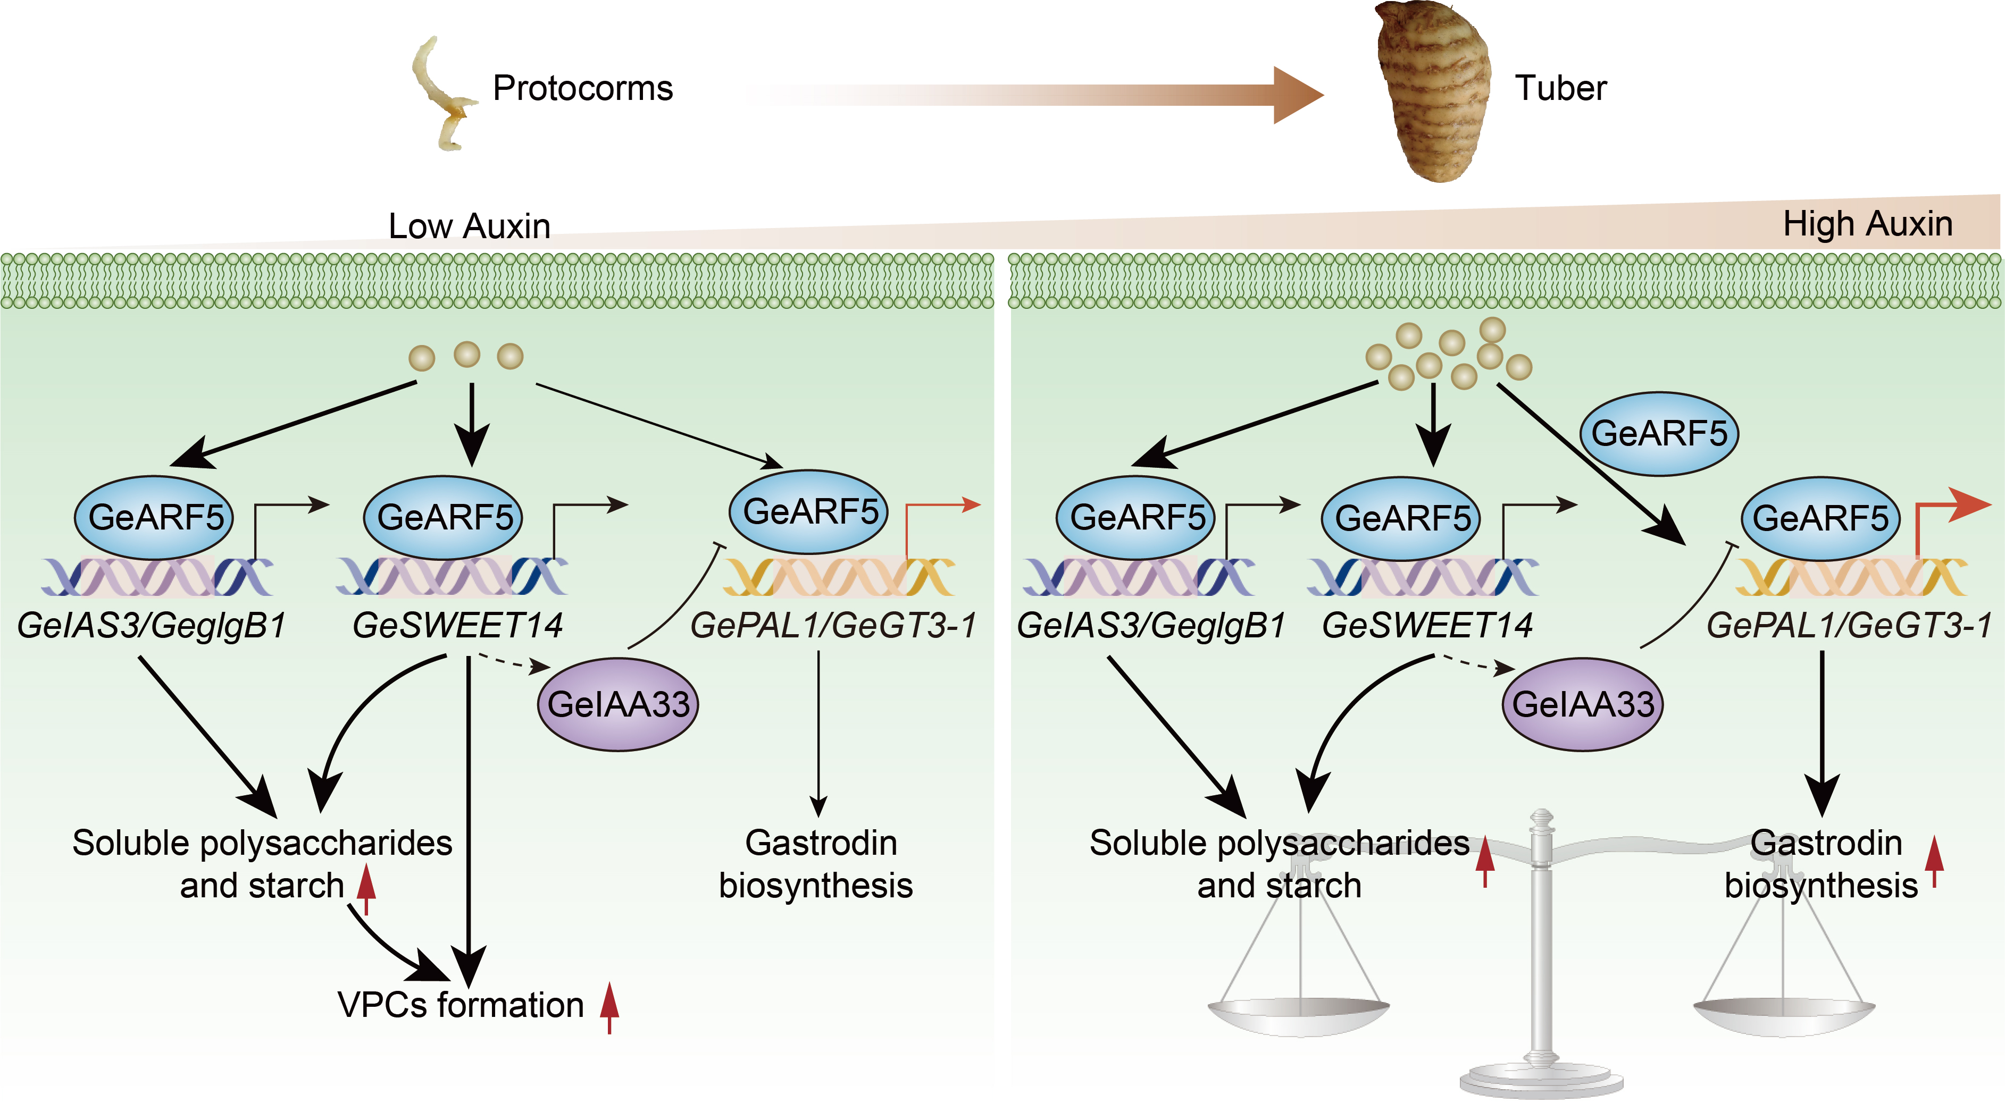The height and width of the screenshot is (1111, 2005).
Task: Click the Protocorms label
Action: (x=582, y=88)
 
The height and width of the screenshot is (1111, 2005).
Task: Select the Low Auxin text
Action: (x=469, y=226)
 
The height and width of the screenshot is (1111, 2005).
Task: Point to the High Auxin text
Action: (x=1867, y=224)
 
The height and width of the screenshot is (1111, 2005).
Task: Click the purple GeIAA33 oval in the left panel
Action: (x=618, y=704)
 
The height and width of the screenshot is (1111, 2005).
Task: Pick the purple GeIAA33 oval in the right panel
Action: (x=1582, y=704)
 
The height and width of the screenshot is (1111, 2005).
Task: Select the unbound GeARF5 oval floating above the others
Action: (x=1659, y=433)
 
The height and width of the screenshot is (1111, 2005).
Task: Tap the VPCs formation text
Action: (x=461, y=1004)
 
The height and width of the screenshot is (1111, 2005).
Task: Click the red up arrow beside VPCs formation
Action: (x=609, y=1007)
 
